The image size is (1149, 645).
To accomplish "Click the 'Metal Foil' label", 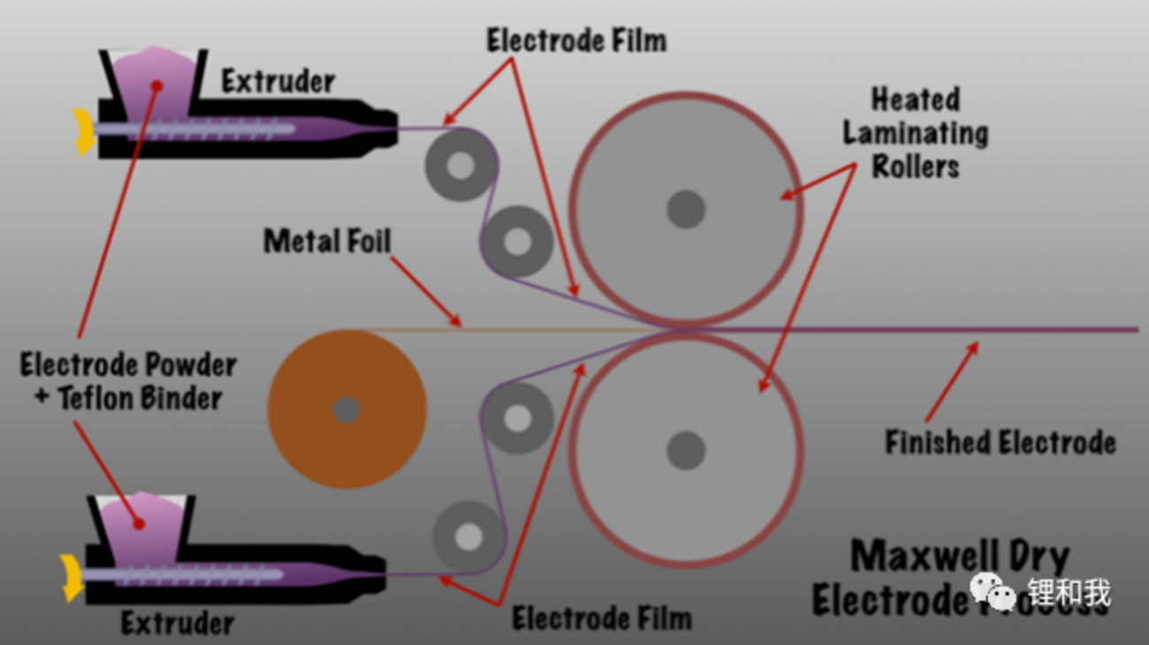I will (328, 240).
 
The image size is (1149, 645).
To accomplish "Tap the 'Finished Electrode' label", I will (1000, 441).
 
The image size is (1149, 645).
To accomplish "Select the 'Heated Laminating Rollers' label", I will (915, 132).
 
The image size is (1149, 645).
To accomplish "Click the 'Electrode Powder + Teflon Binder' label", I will (128, 381).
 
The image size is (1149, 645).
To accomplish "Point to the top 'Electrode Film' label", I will (576, 40).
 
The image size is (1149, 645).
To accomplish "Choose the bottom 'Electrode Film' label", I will (602, 618).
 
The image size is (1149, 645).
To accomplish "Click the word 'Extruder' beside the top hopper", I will (278, 82).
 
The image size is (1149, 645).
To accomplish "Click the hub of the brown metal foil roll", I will (346, 409).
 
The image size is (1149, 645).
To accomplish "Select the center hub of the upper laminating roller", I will (685, 210).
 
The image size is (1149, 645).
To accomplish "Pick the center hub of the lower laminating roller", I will (685, 450).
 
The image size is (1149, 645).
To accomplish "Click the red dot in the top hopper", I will (157, 86).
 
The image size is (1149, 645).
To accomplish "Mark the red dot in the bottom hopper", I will (138, 524).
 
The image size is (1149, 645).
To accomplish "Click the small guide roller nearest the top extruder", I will (459, 165).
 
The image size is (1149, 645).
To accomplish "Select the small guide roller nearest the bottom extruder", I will (468, 536).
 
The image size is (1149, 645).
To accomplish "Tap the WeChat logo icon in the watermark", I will (991, 591).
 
